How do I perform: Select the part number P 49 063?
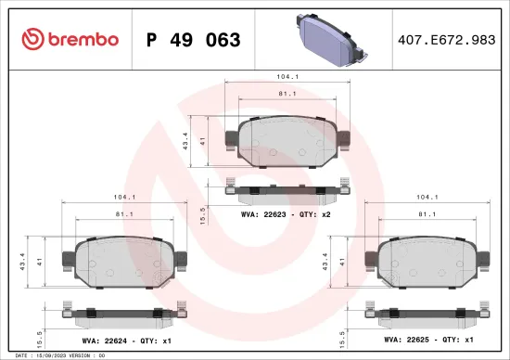click(x=194, y=40)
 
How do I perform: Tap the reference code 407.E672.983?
click(x=447, y=40)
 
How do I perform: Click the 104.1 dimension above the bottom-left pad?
click(x=123, y=198)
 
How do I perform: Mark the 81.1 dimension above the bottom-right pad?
click(x=427, y=214)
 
